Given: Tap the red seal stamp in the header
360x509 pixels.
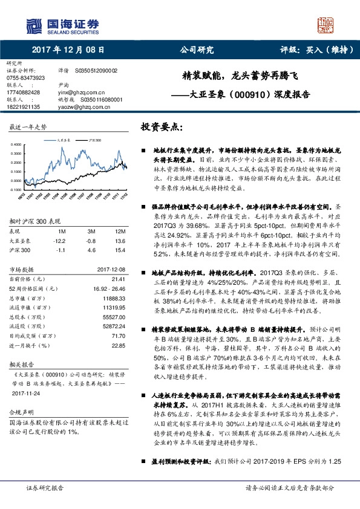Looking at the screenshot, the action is (x=325, y=24).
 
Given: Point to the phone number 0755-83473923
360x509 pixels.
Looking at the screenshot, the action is (x=26, y=79).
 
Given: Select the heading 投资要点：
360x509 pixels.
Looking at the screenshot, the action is (x=161, y=128).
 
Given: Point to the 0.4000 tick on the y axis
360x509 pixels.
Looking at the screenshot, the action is (x=16, y=144).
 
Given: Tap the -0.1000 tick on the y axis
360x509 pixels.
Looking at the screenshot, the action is (x=15, y=189).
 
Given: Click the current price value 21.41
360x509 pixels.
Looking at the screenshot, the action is (x=118, y=279).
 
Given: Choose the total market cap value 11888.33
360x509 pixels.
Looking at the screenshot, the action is (x=114, y=299).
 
